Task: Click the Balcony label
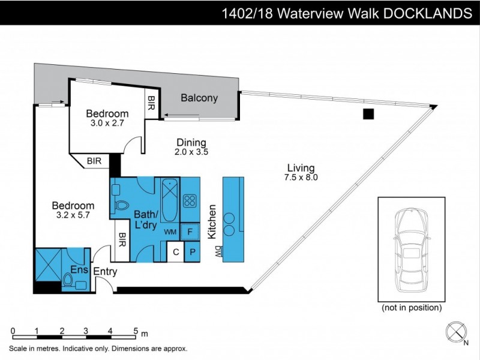point(199,98)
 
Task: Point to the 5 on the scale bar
point(135,331)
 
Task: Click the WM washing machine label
point(170,231)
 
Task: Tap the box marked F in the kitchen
point(191,231)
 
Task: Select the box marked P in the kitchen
point(193,252)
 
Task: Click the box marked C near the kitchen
point(175,252)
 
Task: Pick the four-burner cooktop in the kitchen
point(191,200)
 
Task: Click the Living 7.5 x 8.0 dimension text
point(301,173)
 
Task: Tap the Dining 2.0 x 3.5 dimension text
point(191,148)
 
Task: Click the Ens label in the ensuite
point(78,270)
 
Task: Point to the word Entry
point(104,272)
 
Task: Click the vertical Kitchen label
point(212,222)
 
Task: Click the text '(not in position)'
point(412,308)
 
